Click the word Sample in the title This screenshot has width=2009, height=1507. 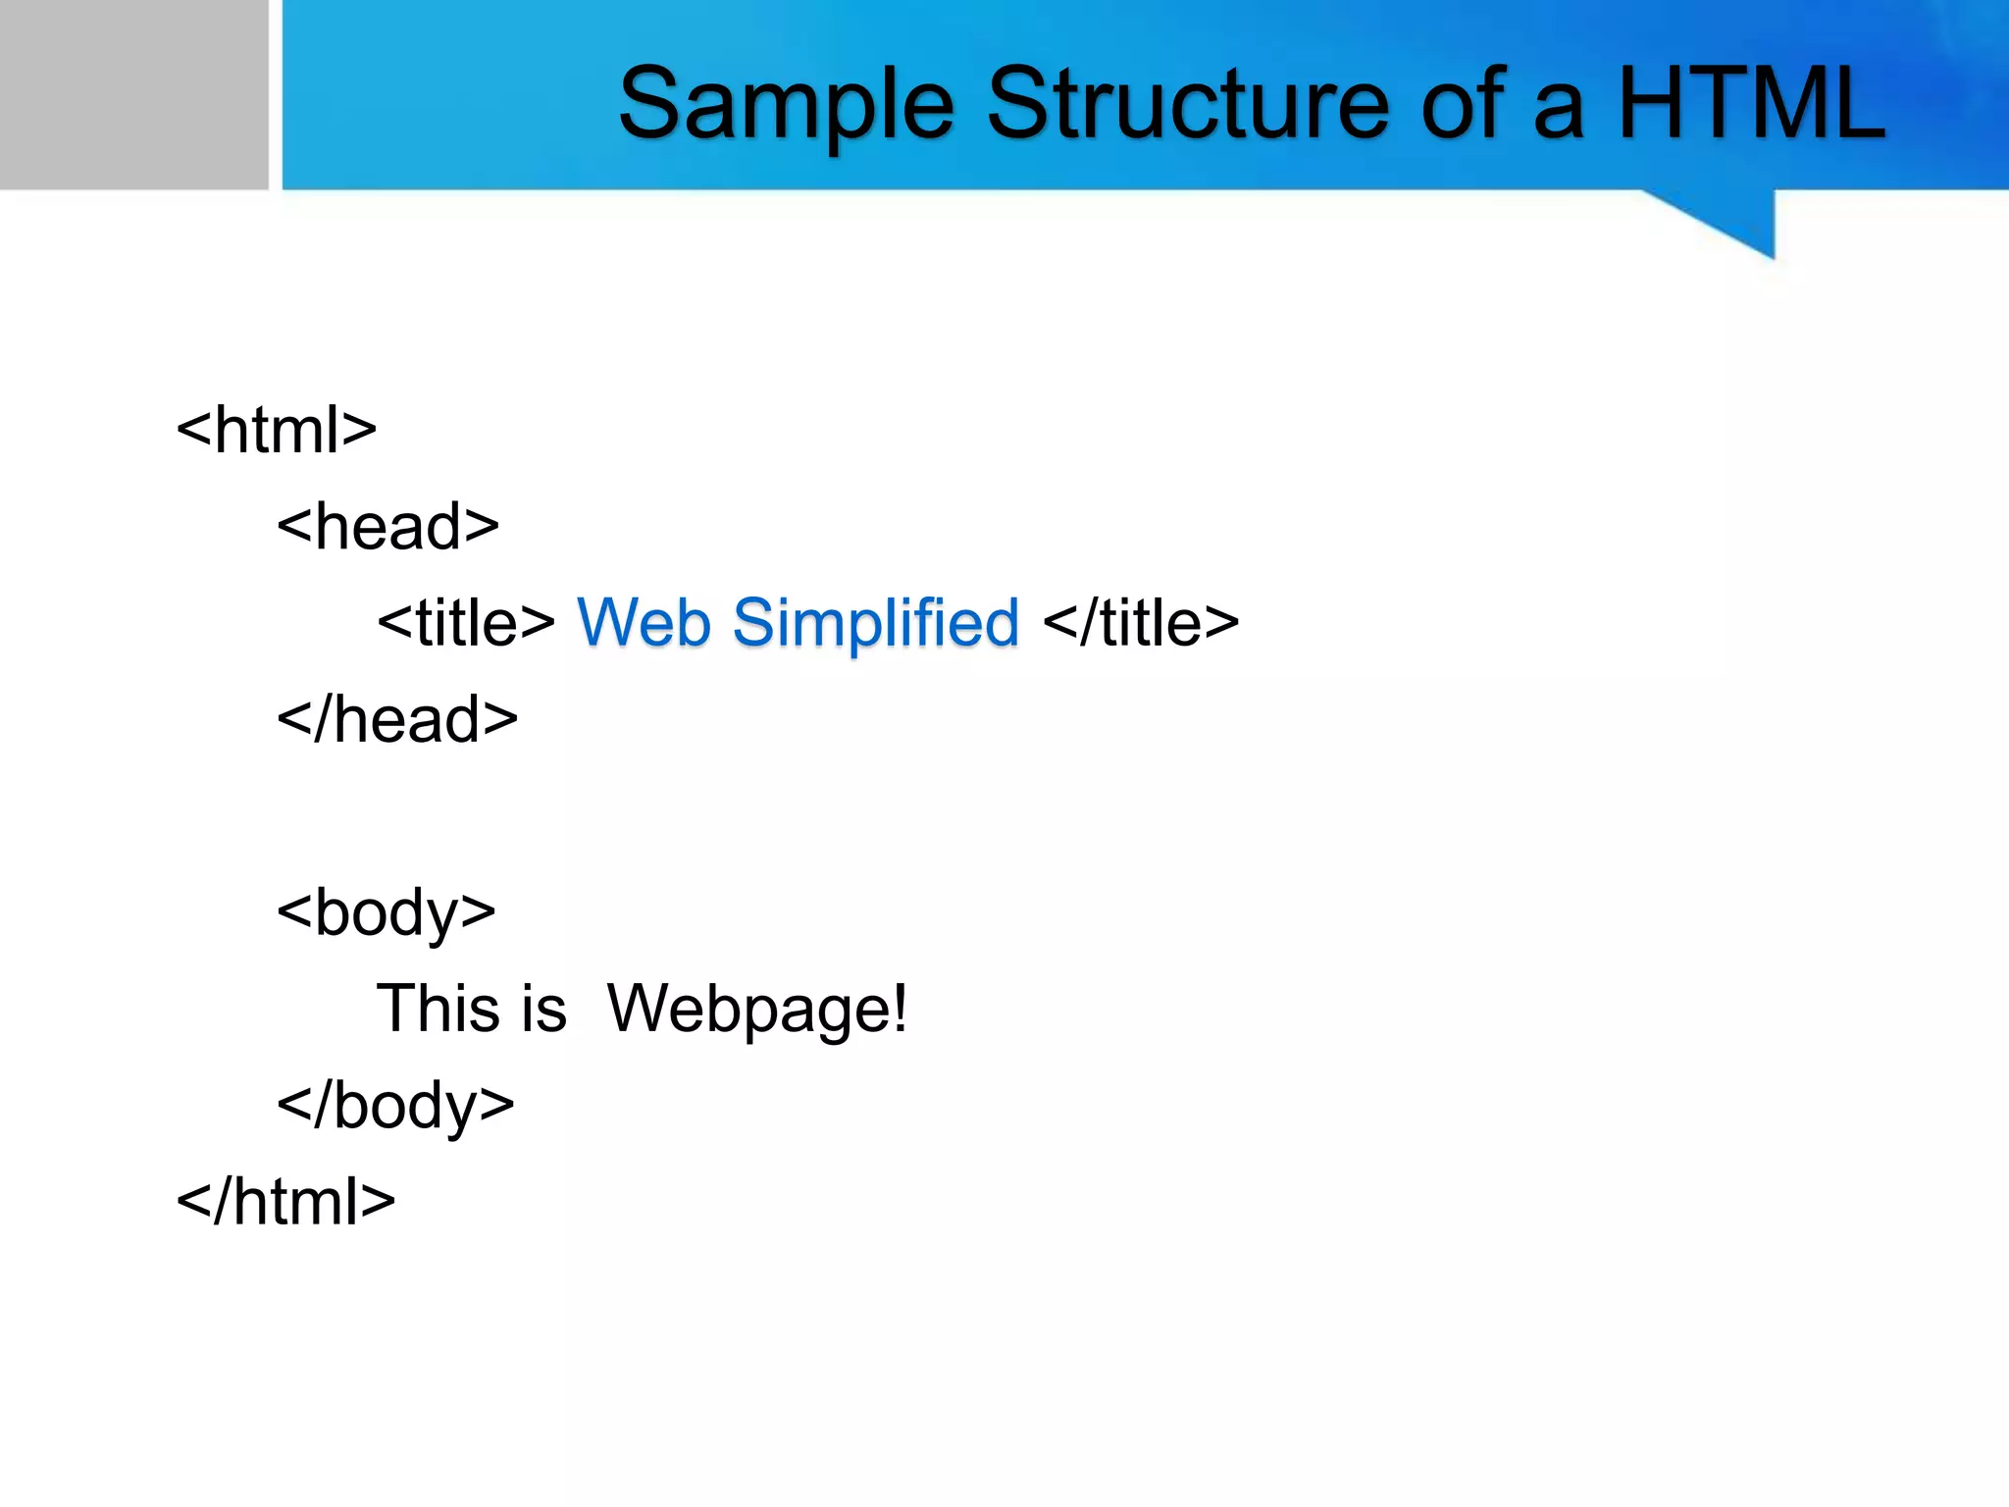785,104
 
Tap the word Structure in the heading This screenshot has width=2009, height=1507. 1188,104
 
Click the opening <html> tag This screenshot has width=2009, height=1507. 277,430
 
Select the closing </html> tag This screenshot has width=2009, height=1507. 285,1202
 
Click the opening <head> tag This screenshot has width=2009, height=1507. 387,527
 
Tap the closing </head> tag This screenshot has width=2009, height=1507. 396,719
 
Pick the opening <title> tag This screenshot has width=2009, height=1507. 466,623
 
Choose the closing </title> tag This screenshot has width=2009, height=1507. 1141,623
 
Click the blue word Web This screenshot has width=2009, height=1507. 644,623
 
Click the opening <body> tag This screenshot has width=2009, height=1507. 386,913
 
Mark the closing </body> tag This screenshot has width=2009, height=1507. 395,1106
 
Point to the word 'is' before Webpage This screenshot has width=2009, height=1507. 543,1009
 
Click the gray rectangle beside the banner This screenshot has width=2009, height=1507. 133,94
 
